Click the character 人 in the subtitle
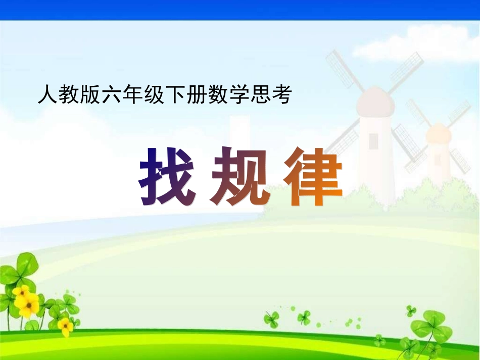point(46,95)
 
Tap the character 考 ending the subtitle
point(282,95)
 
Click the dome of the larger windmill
point(374,101)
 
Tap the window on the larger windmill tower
point(374,141)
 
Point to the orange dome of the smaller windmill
point(438,133)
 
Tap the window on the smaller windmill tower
point(438,160)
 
